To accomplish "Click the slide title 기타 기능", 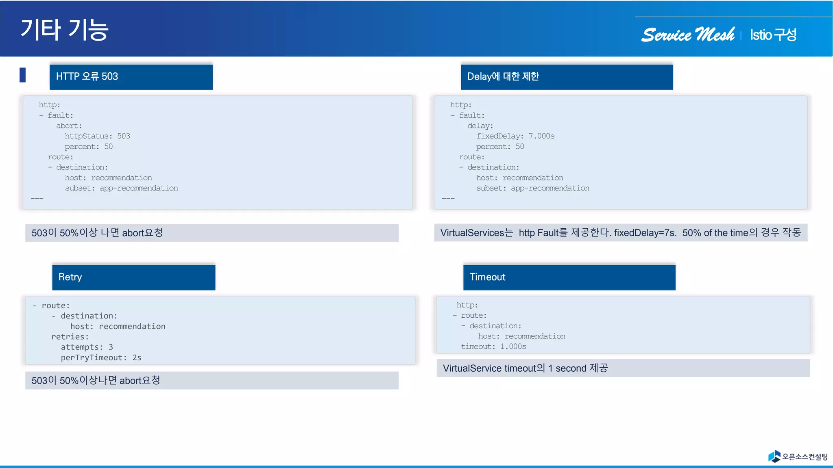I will click(64, 30).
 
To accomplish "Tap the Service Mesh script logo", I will click(688, 35).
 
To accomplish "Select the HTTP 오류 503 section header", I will click(131, 76).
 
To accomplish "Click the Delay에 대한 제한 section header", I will click(566, 76).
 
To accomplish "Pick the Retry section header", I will click(133, 277).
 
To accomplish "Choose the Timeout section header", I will click(569, 277).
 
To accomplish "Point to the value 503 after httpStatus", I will click(124, 136).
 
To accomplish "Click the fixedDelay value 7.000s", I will click(541, 136).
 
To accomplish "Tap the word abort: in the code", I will click(69, 126).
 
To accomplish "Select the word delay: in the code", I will click(480, 126).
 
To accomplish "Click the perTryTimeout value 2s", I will click(137, 358).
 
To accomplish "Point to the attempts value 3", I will click(111, 347).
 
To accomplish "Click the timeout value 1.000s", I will click(513, 347).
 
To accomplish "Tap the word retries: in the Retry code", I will click(70, 337).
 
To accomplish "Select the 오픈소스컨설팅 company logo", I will click(798, 457).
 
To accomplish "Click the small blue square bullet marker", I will click(23, 75).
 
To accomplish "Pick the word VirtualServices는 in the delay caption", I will click(476, 233).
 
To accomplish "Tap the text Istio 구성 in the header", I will click(773, 35).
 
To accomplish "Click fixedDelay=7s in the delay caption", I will click(645, 233).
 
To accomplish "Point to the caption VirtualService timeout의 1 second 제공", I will click(525, 368).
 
